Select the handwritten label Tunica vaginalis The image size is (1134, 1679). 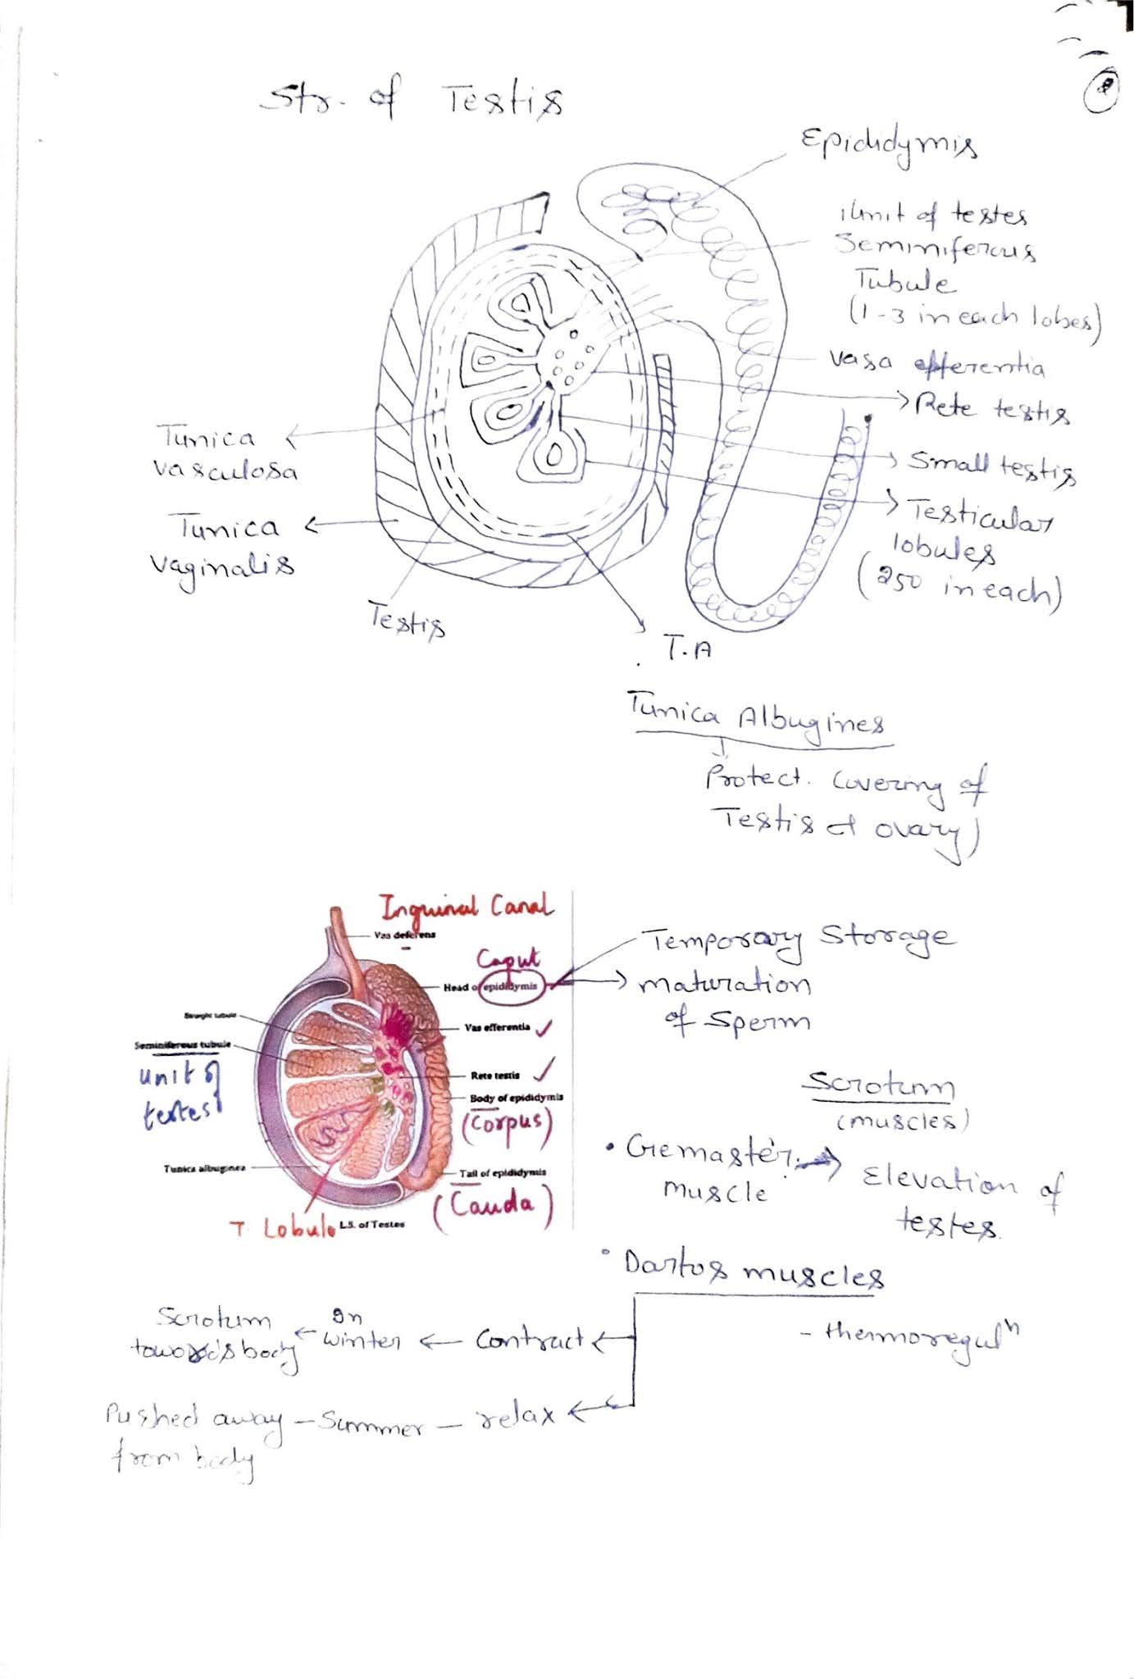click(223, 546)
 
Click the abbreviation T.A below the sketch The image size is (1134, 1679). click(687, 650)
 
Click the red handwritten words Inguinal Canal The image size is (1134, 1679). click(465, 908)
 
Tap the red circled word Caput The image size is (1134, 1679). click(508, 959)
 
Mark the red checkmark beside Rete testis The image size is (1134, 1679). click(543, 1070)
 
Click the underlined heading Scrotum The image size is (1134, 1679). click(877, 1086)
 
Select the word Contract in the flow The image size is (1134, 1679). click(530, 1340)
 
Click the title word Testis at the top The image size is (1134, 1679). click(504, 102)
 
